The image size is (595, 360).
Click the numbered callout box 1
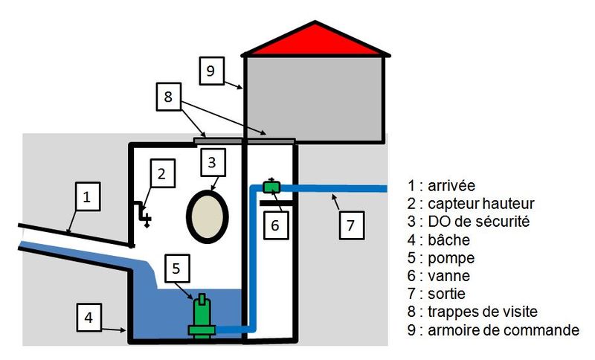[x=88, y=196]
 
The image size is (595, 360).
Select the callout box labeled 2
[x=162, y=173]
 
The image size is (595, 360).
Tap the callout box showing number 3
[x=213, y=162]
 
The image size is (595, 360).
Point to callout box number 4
[x=89, y=318]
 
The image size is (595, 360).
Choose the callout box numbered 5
[x=177, y=269]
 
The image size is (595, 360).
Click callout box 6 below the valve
[x=276, y=225]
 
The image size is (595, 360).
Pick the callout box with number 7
[x=351, y=225]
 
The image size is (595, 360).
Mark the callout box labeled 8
[x=169, y=97]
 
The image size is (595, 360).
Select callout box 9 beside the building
[x=211, y=71]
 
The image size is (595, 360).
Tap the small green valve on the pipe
[x=271, y=186]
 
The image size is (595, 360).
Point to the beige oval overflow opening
[x=208, y=216]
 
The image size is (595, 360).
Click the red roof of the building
[x=315, y=41]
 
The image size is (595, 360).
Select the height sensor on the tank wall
[x=143, y=214]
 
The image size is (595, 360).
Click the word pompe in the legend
[x=451, y=258]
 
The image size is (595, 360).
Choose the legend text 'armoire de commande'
[x=504, y=330]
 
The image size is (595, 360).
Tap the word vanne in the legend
[x=449, y=276]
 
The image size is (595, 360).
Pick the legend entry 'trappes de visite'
[x=483, y=312]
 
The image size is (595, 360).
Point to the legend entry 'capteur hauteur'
[x=481, y=204]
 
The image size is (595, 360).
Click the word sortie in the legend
[x=447, y=294]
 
